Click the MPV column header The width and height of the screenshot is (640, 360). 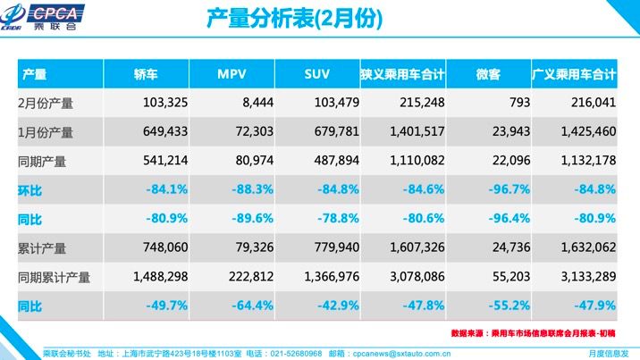coord(232,74)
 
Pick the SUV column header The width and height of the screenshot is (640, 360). coord(316,74)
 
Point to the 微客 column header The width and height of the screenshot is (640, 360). coord(488,74)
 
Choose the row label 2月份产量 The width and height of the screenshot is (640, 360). coord(46,103)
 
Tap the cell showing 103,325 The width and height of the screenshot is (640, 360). coord(162,103)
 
